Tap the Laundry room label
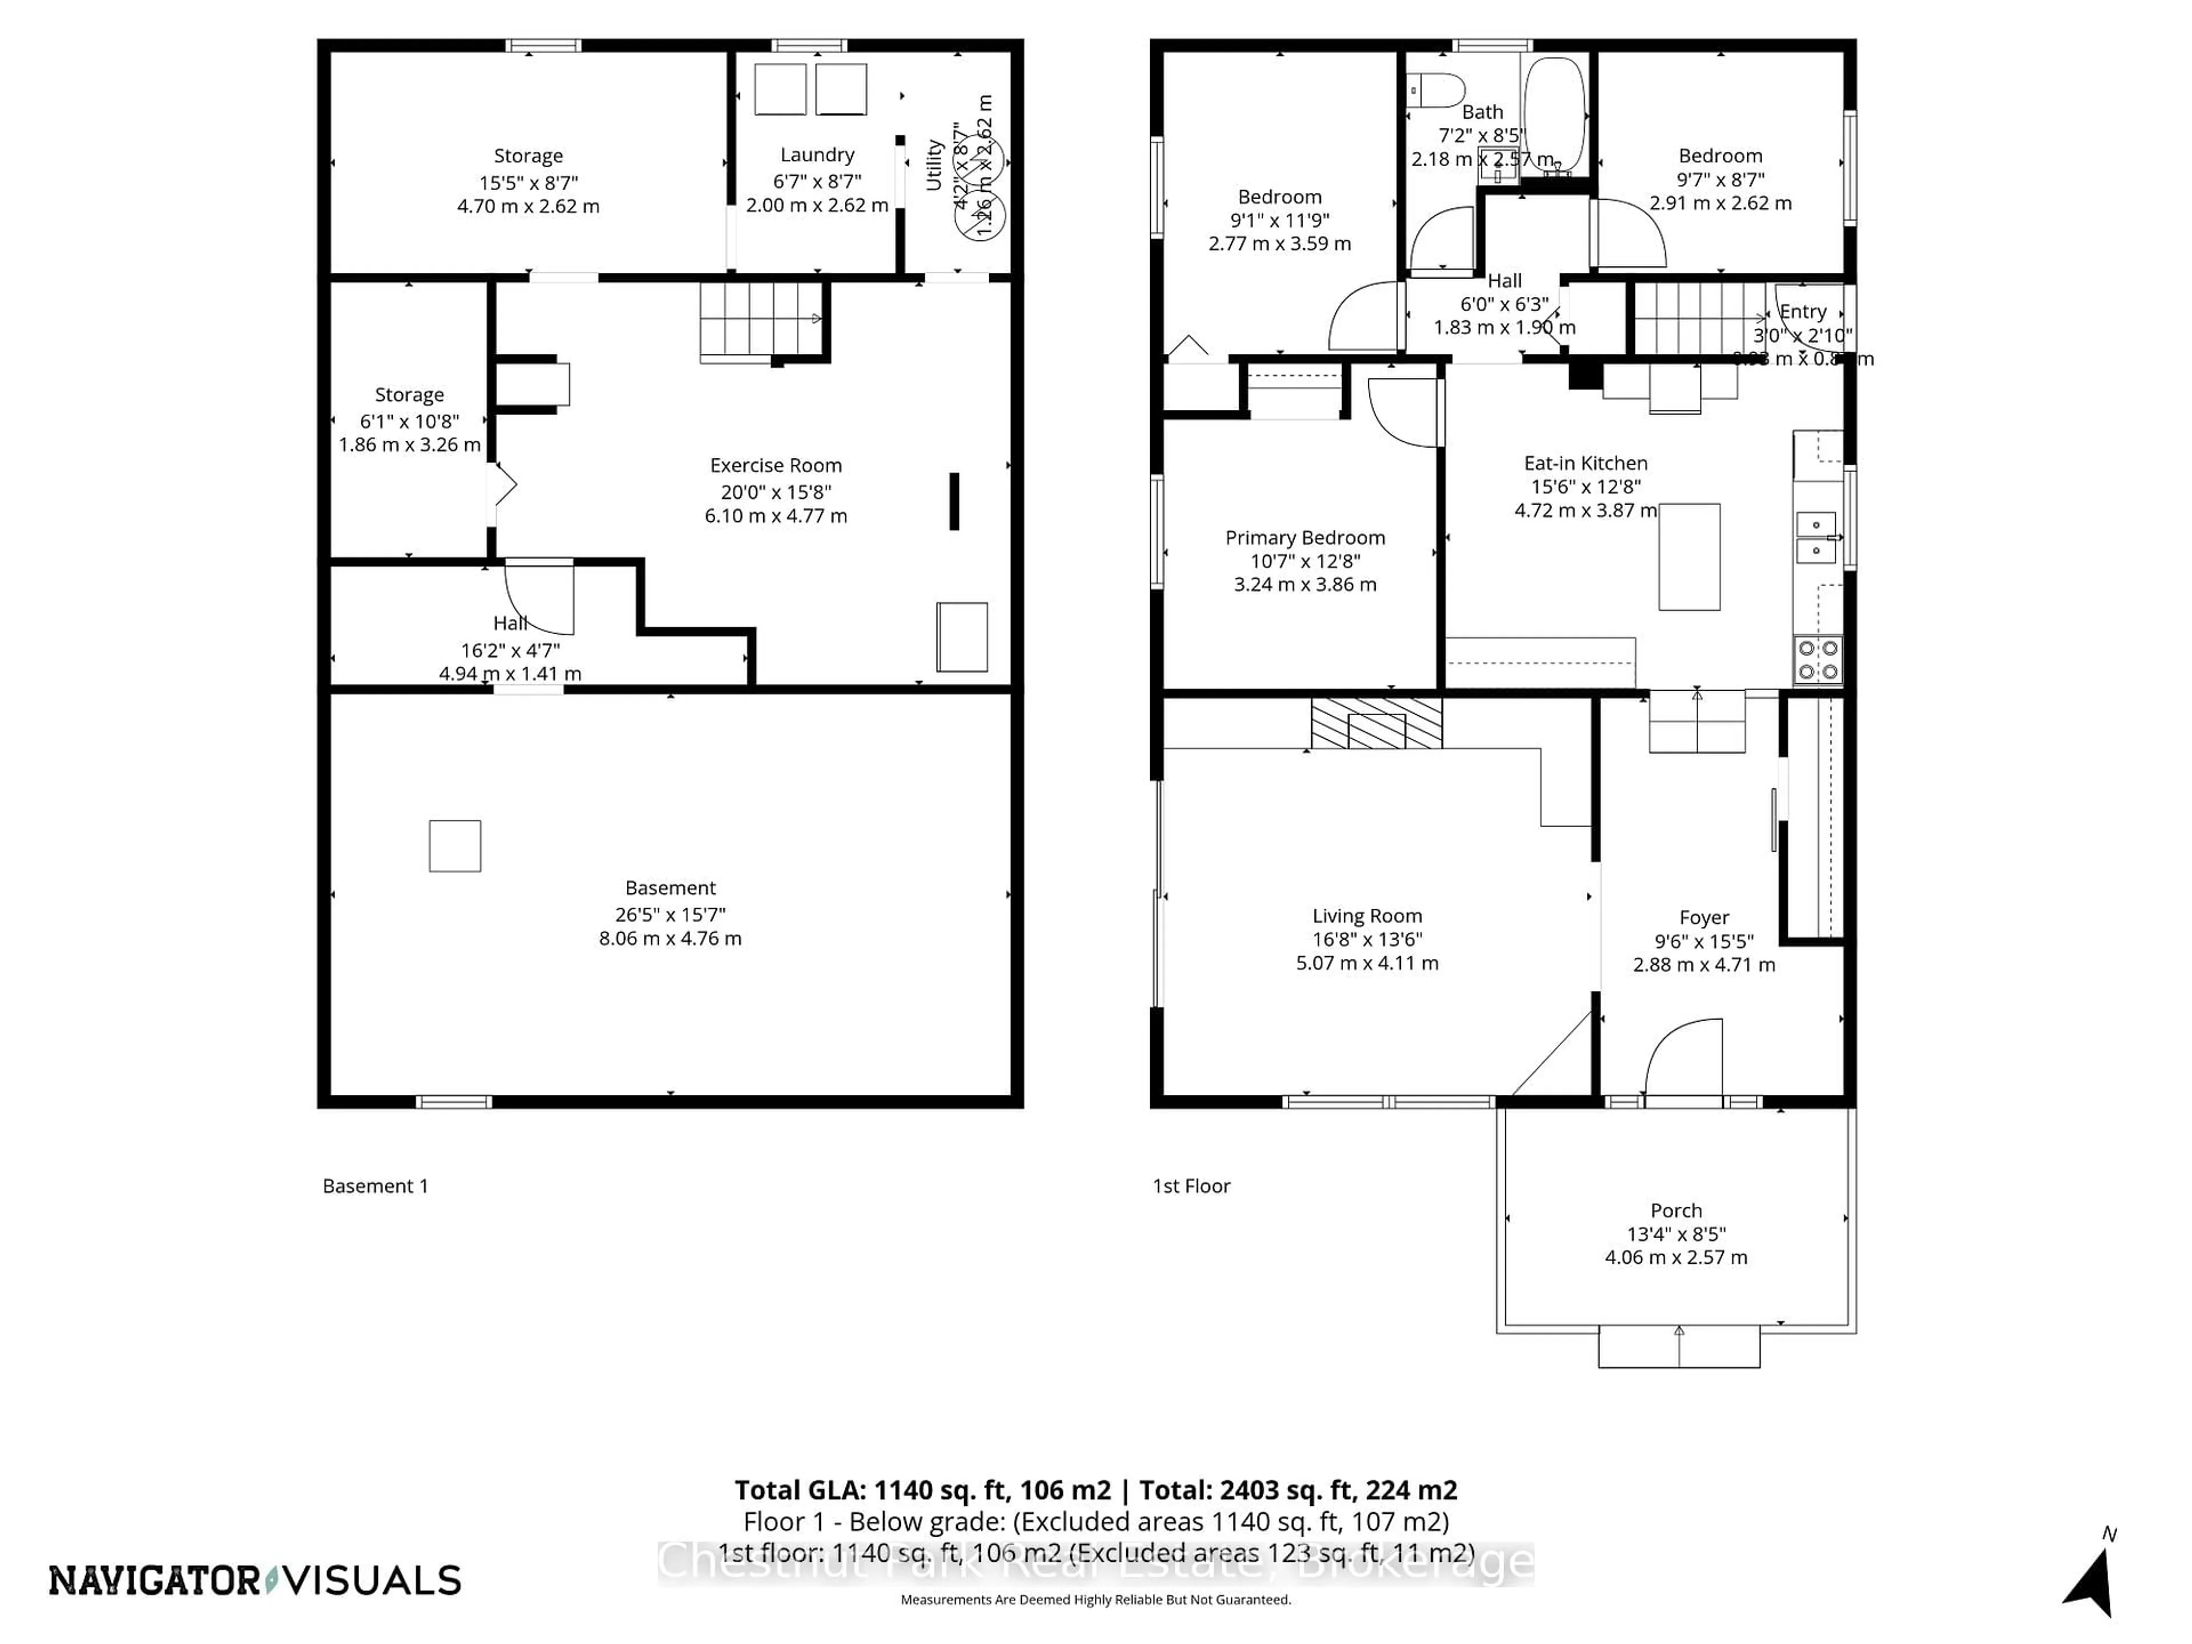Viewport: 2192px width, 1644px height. (x=816, y=155)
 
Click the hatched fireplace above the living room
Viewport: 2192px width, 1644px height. (x=1376, y=723)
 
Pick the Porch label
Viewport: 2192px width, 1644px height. (x=1676, y=1211)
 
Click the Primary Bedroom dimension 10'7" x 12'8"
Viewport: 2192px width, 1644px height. (x=1304, y=561)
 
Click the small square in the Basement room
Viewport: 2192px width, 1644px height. (x=455, y=847)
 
